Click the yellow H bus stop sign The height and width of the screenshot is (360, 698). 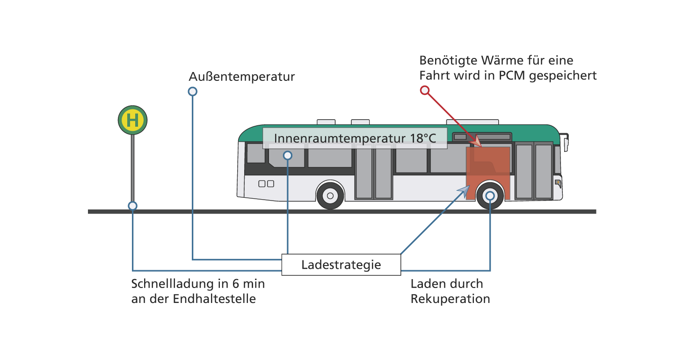(x=132, y=120)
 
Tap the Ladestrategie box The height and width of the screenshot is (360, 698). (x=341, y=265)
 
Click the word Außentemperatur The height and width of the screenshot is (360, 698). (x=241, y=77)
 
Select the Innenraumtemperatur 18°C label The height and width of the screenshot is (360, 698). (x=355, y=138)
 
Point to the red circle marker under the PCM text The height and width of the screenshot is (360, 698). (x=425, y=90)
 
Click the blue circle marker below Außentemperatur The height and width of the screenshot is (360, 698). (x=193, y=92)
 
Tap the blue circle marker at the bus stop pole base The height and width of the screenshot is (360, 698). (x=132, y=206)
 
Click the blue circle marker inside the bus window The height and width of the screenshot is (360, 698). (x=288, y=155)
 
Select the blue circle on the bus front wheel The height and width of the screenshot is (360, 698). (x=490, y=196)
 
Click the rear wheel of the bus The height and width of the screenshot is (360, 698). (x=330, y=196)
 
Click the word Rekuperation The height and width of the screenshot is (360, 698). (x=450, y=299)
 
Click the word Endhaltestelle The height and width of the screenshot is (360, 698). (x=214, y=299)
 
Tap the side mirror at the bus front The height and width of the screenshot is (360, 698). (x=565, y=142)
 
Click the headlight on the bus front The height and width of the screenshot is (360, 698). (x=558, y=183)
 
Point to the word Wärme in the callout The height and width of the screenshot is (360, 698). (x=502, y=60)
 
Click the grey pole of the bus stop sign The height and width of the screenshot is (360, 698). (x=132, y=168)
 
